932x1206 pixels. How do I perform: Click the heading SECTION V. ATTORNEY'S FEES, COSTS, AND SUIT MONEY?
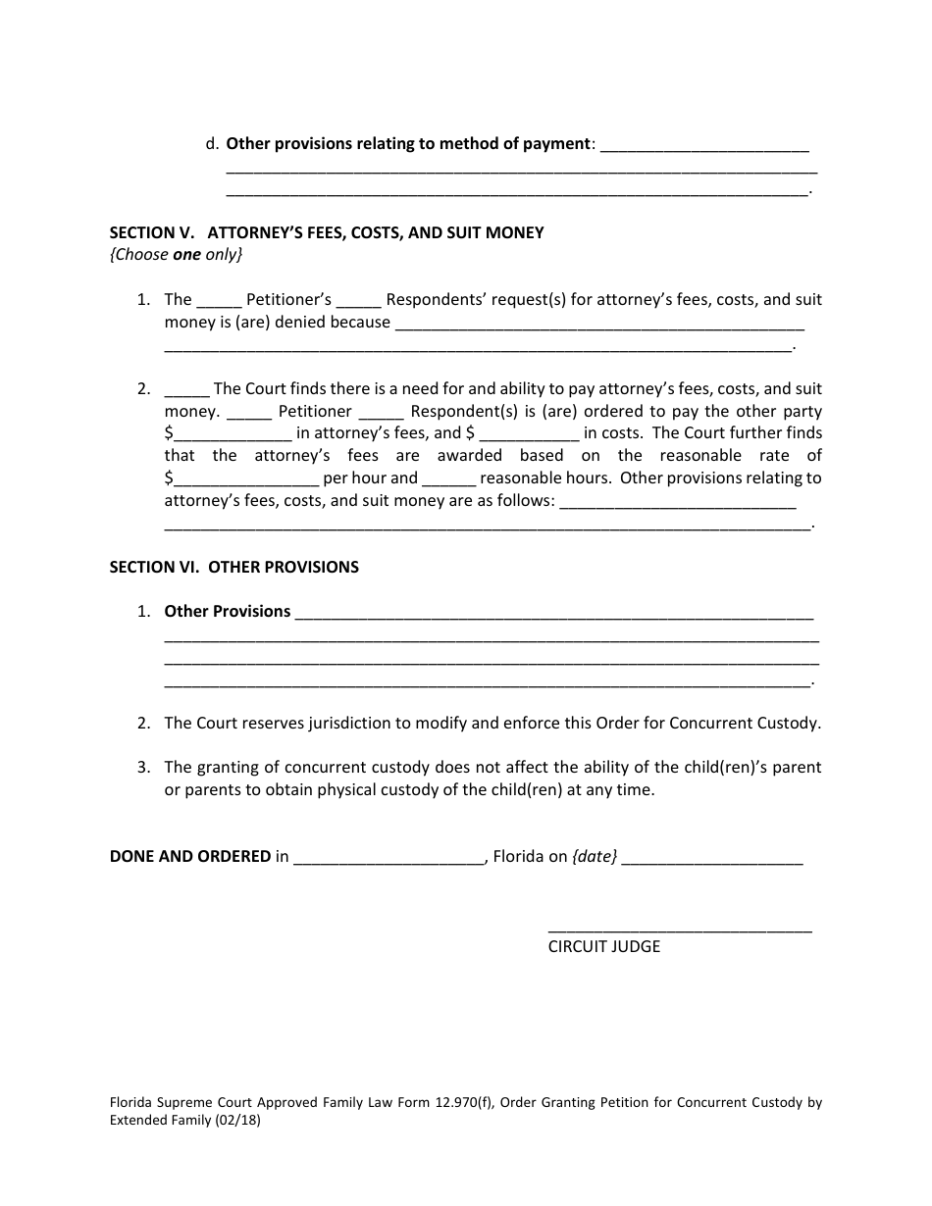pyautogui.click(x=326, y=233)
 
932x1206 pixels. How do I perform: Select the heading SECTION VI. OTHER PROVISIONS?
pyautogui.click(x=233, y=567)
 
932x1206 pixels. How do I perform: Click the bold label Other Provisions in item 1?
pyautogui.click(x=227, y=611)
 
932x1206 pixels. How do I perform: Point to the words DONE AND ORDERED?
pyautogui.click(x=189, y=856)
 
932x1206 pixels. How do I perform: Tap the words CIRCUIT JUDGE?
pyautogui.click(x=603, y=947)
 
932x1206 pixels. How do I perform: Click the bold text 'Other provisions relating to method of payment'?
pyautogui.click(x=407, y=143)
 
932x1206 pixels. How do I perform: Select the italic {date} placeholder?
pyautogui.click(x=595, y=856)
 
